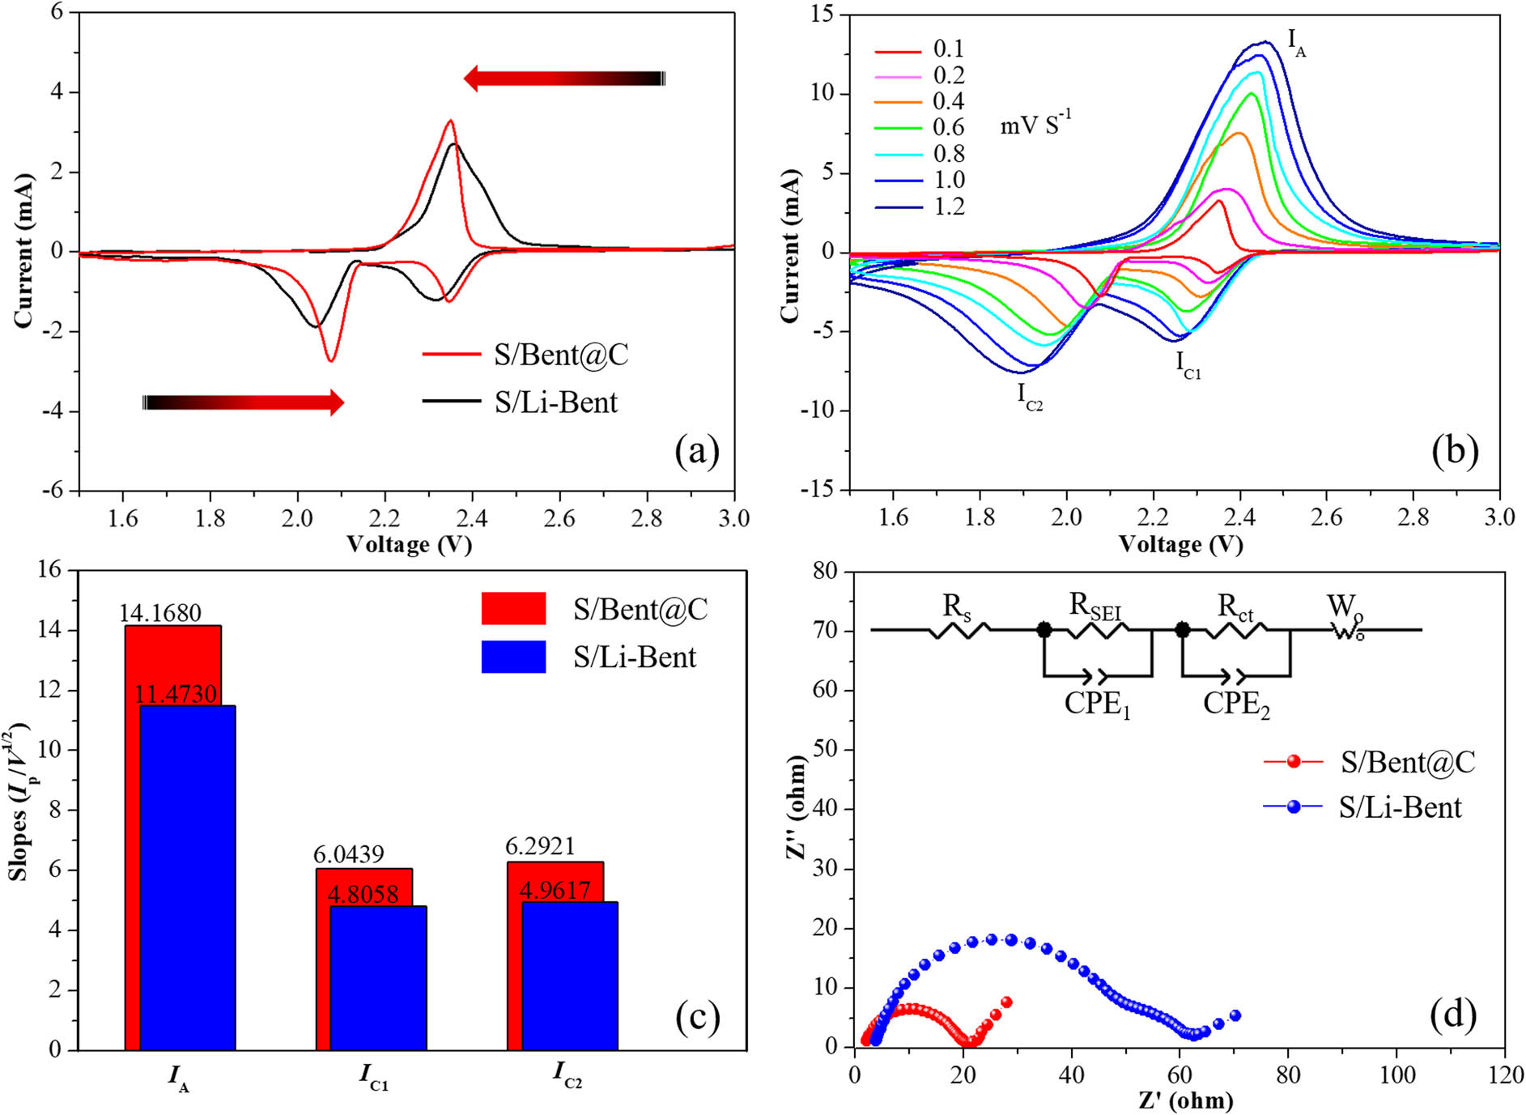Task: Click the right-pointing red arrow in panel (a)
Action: (x=243, y=402)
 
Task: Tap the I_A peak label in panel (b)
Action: (x=1296, y=43)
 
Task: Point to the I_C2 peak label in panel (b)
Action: (x=1030, y=397)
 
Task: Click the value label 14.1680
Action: (x=160, y=613)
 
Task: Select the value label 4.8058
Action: (x=363, y=894)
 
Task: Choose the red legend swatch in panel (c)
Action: (x=513, y=608)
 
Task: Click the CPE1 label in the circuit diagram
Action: (x=1097, y=704)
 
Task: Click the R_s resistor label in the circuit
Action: (x=956, y=607)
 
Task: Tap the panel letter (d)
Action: (x=1453, y=1015)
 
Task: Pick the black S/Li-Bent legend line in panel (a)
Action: (x=451, y=402)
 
